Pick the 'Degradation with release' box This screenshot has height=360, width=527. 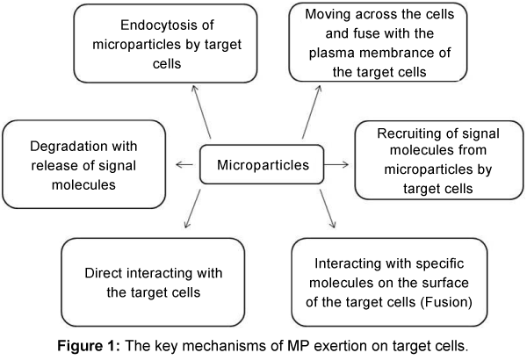[84, 163]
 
